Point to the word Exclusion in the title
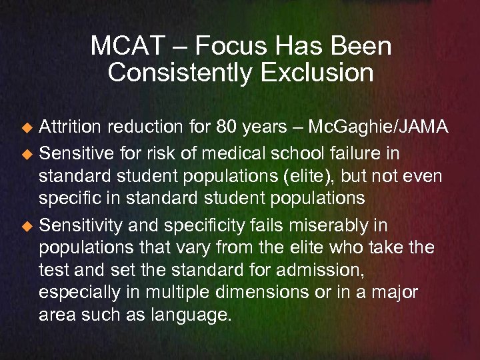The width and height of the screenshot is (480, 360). [x=317, y=73]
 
